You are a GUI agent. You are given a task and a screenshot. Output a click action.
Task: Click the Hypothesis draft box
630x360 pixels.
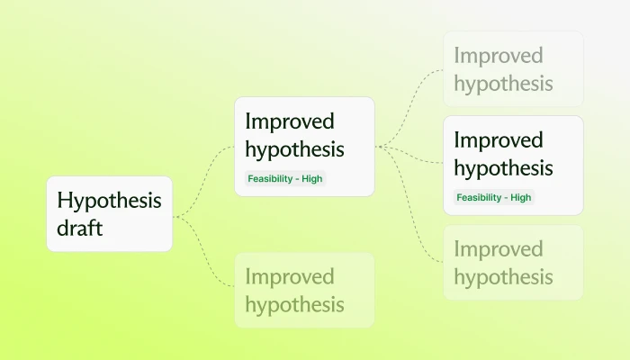point(109,213)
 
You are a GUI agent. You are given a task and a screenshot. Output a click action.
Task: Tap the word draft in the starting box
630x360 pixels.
point(80,228)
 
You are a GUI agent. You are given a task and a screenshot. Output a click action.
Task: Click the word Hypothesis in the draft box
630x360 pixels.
point(109,200)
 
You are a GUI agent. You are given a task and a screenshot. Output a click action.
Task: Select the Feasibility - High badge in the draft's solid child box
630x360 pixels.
point(284,178)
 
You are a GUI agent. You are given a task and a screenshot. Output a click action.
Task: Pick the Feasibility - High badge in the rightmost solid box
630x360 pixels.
point(493,197)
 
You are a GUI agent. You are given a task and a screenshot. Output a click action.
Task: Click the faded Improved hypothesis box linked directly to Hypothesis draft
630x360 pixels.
point(303,290)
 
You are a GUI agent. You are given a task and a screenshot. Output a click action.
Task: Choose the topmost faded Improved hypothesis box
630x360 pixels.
point(513,69)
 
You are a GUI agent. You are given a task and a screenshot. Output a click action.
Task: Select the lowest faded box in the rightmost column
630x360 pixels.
point(513,262)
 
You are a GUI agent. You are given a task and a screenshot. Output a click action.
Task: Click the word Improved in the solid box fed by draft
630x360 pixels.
point(289,121)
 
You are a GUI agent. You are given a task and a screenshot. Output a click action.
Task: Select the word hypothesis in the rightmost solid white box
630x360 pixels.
point(503,167)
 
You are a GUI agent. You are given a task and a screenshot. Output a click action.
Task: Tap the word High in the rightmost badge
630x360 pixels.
point(520,197)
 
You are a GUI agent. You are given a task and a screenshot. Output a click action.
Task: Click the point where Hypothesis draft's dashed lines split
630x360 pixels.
point(177,216)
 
